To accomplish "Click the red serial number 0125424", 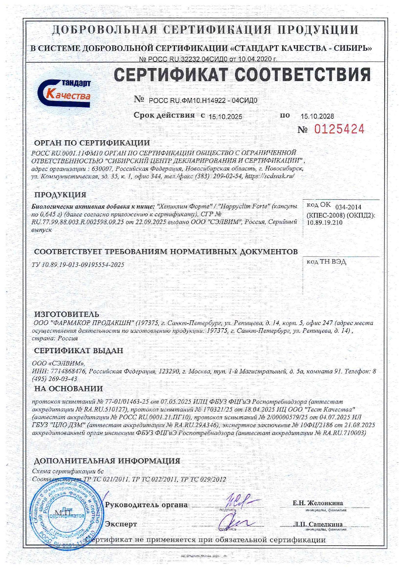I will coord(339,129).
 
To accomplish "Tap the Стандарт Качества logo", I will coord(64,93).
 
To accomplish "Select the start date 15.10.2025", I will coord(225,117).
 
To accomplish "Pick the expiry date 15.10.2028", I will coord(317,116).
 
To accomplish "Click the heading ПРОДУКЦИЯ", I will coord(60,195).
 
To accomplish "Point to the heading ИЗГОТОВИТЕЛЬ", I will coord(67,314).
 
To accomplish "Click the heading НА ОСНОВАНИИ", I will coord(68,389).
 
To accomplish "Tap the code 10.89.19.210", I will coord(325,223).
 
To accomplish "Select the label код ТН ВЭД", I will coord(326,262).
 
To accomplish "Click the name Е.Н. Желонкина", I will coord(318,503).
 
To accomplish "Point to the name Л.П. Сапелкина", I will coord(318,524).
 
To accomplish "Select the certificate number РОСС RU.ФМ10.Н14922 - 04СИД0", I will coord(203,101).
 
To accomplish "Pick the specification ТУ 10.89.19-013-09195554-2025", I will coord(78,265).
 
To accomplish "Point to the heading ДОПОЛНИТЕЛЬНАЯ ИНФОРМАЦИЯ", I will coord(107,461).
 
